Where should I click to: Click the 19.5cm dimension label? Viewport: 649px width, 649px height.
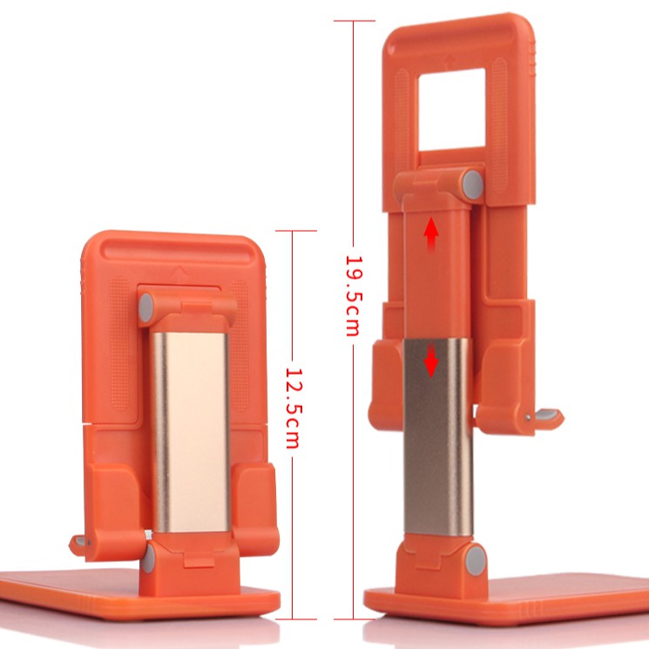tap(355, 296)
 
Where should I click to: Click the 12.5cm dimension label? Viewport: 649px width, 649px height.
tap(294, 409)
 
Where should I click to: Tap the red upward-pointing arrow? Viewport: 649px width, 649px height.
tap(431, 233)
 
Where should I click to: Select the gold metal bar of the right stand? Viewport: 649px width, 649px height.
tap(438, 436)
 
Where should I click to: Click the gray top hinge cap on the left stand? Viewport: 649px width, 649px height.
tap(145, 308)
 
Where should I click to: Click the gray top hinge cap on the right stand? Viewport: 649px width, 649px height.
tap(473, 184)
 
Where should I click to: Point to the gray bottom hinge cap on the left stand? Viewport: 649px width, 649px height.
tap(149, 558)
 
